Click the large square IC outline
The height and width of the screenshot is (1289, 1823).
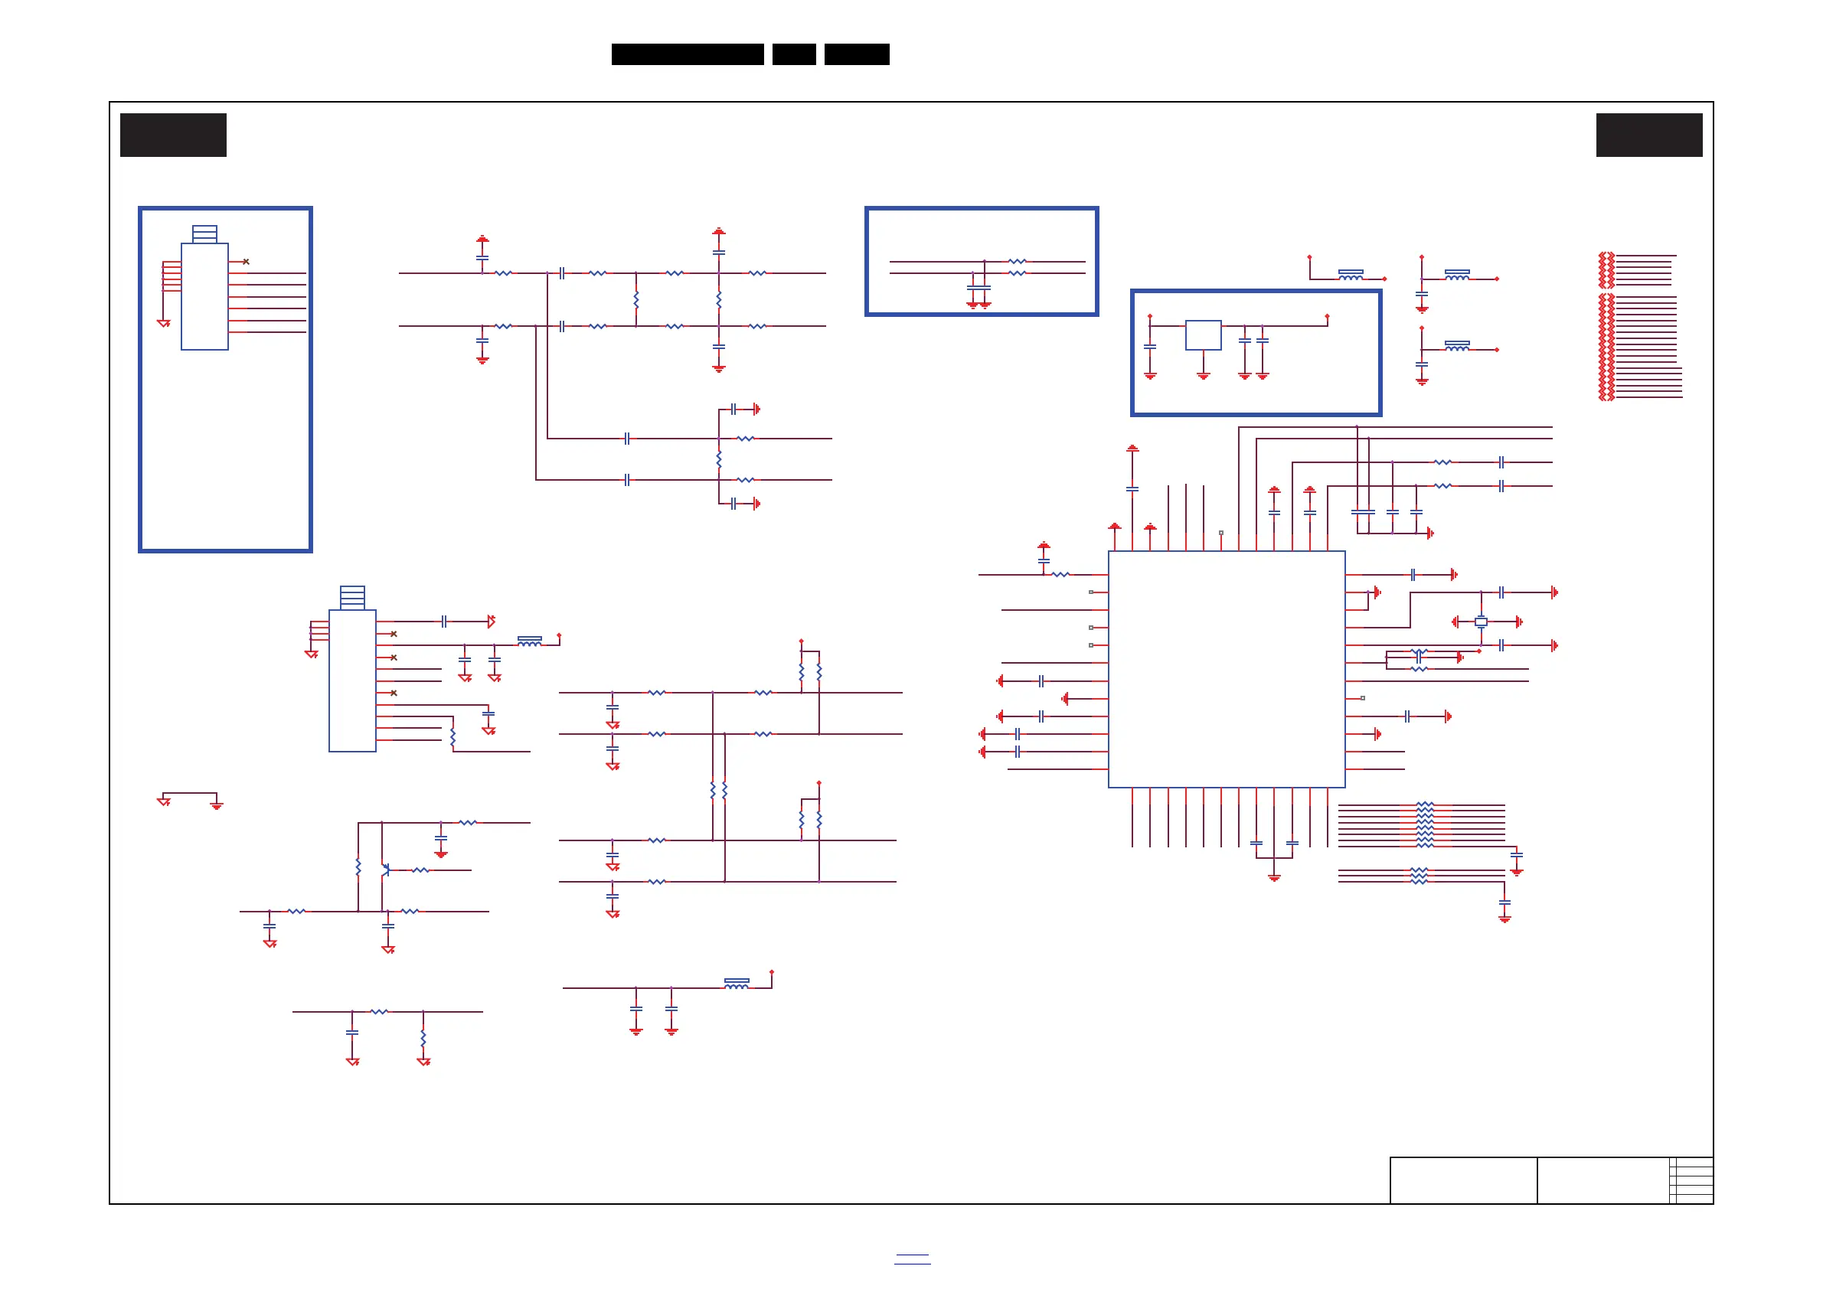pyautogui.click(x=1226, y=668)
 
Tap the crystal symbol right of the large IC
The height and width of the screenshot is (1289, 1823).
pyautogui.click(x=1481, y=622)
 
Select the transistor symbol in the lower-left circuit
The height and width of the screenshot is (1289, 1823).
pyautogui.click(x=385, y=870)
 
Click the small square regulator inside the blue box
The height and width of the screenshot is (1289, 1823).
pyautogui.click(x=1203, y=335)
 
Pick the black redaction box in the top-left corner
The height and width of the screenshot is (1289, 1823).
pyautogui.click(x=173, y=135)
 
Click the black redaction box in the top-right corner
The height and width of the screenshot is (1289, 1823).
pyautogui.click(x=1649, y=135)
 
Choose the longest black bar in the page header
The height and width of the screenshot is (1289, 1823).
pyautogui.click(x=688, y=54)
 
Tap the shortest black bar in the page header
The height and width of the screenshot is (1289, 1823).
pyautogui.click(x=794, y=54)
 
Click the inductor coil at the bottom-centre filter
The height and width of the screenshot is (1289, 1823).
pyautogui.click(x=736, y=984)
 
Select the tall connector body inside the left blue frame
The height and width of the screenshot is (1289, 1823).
pyautogui.click(x=205, y=296)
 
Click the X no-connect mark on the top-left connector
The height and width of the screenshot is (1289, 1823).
pyautogui.click(x=246, y=261)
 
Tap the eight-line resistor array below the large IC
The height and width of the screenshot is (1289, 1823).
pyautogui.click(x=1424, y=825)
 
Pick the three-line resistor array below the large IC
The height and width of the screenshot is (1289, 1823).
pyautogui.click(x=1419, y=876)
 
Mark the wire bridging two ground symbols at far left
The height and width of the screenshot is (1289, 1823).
pyautogui.click(x=190, y=793)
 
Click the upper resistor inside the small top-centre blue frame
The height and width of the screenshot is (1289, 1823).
pyautogui.click(x=1017, y=261)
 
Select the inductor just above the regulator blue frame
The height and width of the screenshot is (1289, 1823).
pyautogui.click(x=1351, y=275)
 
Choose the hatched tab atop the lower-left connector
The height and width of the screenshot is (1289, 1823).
pyautogui.click(x=351, y=597)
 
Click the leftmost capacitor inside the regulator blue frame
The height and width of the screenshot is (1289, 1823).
pyautogui.click(x=1150, y=347)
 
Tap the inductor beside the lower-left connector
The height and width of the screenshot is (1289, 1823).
pyautogui.click(x=530, y=641)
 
